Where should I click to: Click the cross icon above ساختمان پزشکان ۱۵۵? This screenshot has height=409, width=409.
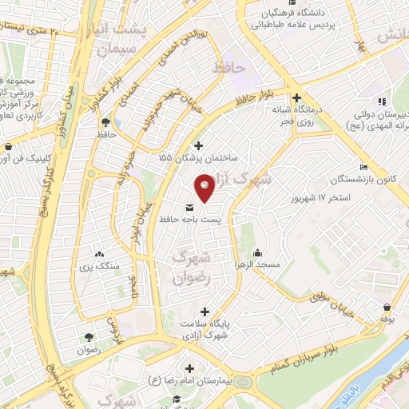pos(199,146)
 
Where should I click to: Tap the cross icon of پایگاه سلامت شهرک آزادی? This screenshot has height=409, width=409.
pos(205,312)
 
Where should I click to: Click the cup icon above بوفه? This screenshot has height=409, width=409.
pos(387,307)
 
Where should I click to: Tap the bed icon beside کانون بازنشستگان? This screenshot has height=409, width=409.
pos(364,167)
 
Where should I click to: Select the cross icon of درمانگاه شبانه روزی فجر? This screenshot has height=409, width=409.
pos(296,97)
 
